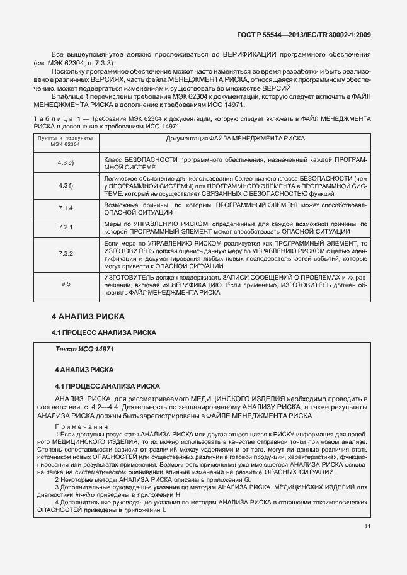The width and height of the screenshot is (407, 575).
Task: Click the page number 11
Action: coord(367,545)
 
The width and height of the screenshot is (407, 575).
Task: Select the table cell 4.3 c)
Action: coord(66,164)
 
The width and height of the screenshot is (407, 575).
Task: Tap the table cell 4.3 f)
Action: coord(66,186)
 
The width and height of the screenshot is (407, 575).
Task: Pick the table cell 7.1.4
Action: coord(66,208)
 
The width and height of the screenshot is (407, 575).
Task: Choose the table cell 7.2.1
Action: coord(66,227)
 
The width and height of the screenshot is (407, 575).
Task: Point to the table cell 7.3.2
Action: coord(66,253)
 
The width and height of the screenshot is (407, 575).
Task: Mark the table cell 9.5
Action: coord(66,285)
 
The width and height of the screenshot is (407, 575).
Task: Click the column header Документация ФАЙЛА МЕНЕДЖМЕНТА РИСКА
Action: coord(236,138)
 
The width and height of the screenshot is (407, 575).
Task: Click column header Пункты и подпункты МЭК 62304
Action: coord(66,141)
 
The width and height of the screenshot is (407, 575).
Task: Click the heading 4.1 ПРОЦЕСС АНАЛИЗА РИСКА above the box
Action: coord(103,332)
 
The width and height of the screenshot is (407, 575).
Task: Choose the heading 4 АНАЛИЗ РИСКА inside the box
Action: coord(84,368)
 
